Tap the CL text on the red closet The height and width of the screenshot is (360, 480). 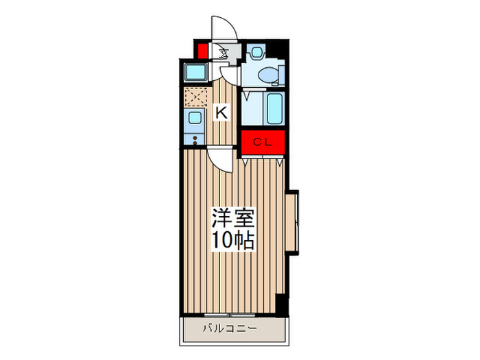(x=263, y=143)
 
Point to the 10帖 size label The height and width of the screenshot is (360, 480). (x=232, y=241)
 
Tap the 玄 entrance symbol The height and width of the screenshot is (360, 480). (x=224, y=51)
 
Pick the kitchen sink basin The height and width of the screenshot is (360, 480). (x=195, y=119)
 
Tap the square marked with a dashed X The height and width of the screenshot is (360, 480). (x=194, y=97)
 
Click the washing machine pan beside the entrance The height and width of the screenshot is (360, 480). (x=195, y=72)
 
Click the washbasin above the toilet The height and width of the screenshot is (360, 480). (x=257, y=51)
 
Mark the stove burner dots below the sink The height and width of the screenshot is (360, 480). (x=195, y=140)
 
